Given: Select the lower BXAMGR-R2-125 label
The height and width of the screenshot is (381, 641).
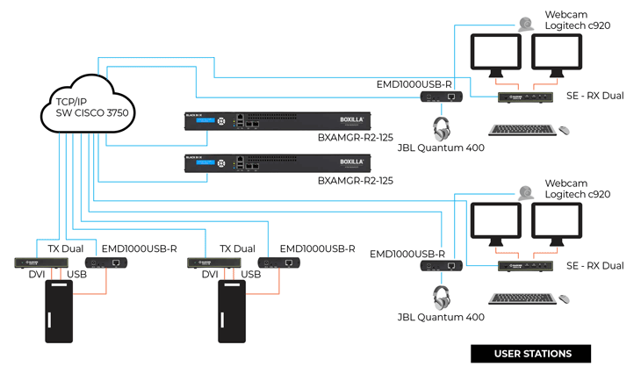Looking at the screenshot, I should pyautogui.click(x=356, y=180).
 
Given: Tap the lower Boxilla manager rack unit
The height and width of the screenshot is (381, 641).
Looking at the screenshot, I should pyautogui.click(x=277, y=164).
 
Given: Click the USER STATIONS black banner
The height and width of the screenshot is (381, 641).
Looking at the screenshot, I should pyautogui.click(x=531, y=354).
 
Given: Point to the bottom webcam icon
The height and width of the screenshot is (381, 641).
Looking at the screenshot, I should pyautogui.click(x=525, y=192).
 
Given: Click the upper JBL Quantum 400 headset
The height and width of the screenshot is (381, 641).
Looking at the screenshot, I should pyautogui.click(x=442, y=129).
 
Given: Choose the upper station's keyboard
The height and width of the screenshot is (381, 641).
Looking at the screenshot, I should pyautogui.click(x=522, y=130).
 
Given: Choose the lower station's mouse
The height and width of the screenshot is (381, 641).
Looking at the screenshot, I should pyautogui.click(x=564, y=299).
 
